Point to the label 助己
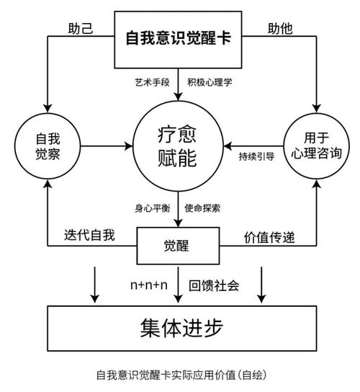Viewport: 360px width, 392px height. (x=81, y=29)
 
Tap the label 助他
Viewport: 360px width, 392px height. (x=280, y=29)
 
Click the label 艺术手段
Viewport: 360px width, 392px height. (x=152, y=82)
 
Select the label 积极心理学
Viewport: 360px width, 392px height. (x=210, y=82)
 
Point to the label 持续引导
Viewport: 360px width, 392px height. (x=256, y=157)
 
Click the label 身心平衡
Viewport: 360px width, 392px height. (x=153, y=208)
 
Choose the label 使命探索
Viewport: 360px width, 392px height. (x=202, y=208)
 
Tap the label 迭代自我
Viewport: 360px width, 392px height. (x=89, y=235)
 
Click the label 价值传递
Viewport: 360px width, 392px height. (x=269, y=237)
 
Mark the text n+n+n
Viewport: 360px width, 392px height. (x=149, y=285)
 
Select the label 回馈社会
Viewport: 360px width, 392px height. (x=214, y=285)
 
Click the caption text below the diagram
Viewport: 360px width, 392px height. (x=181, y=375)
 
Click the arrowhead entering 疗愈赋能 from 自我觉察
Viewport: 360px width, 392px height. (x=129, y=146)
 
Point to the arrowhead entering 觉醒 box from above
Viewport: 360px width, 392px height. (x=178, y=223)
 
